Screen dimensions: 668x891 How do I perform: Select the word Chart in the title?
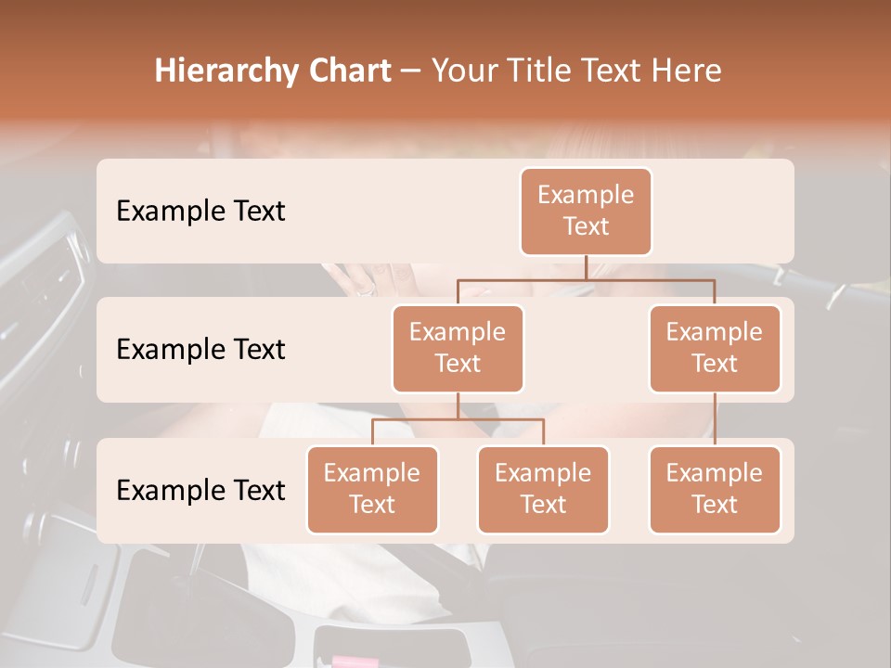pyautogui.click(x=345, y=71)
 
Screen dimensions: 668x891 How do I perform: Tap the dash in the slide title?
pyautogui.click(x=411, y=71)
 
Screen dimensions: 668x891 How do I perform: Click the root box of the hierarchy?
pyautogui.click(x=586, y=211)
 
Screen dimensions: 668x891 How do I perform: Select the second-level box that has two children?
pyautogui.click(x=458, y=348)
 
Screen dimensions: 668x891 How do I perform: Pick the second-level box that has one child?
pyautogui.click(x=715, y=348)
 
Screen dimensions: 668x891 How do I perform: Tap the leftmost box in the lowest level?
pyautogui.click(x=372, y=489)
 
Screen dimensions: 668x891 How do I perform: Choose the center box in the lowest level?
pyautogui.click(x=543, y=489)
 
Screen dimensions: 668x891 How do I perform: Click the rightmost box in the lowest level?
pyautogui.click(x=715, y=489)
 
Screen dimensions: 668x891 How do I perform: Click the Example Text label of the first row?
pyautogui.click(x=200, y=212)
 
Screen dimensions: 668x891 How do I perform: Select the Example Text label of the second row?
pyautogui.click(x=200, y=350)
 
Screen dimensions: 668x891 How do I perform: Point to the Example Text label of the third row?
pyautogui.click(x=200, y=491)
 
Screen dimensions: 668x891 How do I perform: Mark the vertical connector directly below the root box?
pyautogui.click(x=586, y=267)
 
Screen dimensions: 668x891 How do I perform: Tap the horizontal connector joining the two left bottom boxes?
pyautogui.click(x=458, y=419)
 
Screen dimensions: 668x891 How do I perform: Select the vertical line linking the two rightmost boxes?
pyautogui.click(x=715, y=419)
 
